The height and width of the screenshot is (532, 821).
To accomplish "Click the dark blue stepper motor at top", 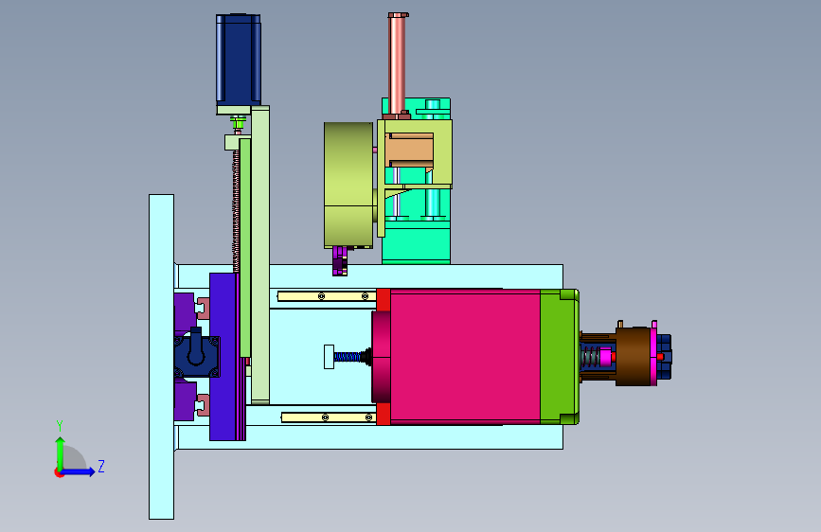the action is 239,59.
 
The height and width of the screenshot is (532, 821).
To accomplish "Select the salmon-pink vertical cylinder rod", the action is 397,62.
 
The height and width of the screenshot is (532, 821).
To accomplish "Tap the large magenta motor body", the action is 465,356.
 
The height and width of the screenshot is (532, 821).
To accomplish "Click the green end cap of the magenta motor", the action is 560,356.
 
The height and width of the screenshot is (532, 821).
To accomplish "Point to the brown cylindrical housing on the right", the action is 633,356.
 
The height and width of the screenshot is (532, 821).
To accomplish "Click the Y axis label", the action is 60,426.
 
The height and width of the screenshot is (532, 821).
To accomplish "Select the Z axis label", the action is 101,466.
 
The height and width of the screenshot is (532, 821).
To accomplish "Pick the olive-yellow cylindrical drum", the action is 348,185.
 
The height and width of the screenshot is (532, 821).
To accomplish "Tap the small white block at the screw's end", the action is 329,357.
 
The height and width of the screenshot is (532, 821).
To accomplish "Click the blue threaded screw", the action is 352,357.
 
